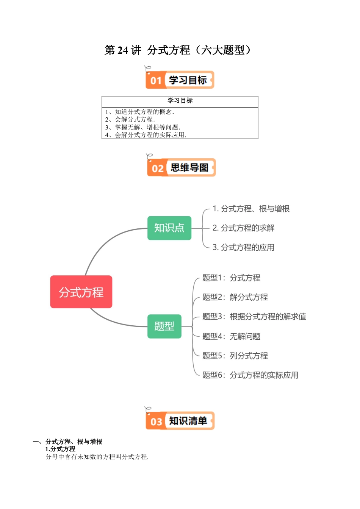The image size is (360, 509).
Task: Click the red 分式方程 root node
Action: [x=81, y=292]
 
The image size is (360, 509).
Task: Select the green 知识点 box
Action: [x=169, y=228]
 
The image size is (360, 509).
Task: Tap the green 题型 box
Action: [x=164, y=326]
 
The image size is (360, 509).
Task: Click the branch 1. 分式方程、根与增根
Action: [x=251, y=209]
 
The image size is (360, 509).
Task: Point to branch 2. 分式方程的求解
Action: [x=243, y=228]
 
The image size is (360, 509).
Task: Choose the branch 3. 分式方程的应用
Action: [x=243, y=247]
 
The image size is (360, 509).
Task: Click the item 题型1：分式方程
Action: [x=231, y=278]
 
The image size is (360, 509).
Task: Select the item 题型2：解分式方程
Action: [x=235, y=297]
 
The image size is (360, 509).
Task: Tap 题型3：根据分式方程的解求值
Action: [x=254, y=317]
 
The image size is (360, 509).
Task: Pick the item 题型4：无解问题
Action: [x=231, y=336]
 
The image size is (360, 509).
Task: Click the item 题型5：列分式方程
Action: [x=235, y=356]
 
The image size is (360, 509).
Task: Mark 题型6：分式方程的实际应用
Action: [x=250, y=375]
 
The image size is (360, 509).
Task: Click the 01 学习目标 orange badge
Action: [x=180, y=80]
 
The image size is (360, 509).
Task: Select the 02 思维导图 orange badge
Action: [x=181, y=167]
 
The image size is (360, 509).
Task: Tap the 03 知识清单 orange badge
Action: [x=180, y=421]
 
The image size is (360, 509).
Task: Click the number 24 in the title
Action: [x=123, y=50]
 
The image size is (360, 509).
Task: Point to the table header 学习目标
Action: [x=180, y=100]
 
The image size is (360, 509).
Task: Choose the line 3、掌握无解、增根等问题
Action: [x=143, y=127]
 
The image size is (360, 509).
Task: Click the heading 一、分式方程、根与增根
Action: [x=67, y=442]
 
